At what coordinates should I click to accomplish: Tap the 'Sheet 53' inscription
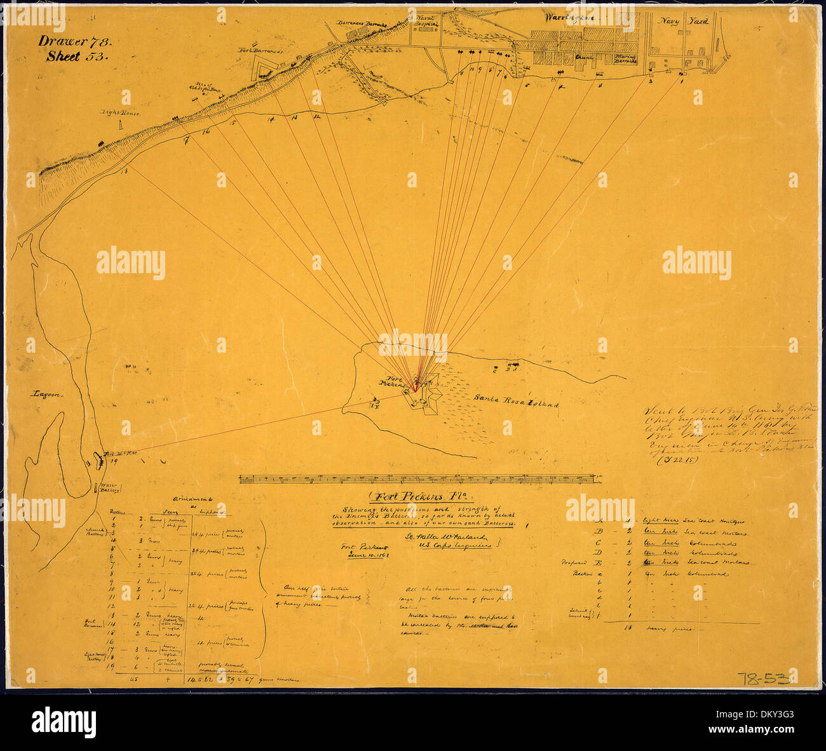point(78,56)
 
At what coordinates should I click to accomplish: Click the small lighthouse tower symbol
point(119,126)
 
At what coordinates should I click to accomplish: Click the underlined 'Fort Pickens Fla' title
point(416,497)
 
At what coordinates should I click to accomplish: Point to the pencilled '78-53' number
point(767,678)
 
